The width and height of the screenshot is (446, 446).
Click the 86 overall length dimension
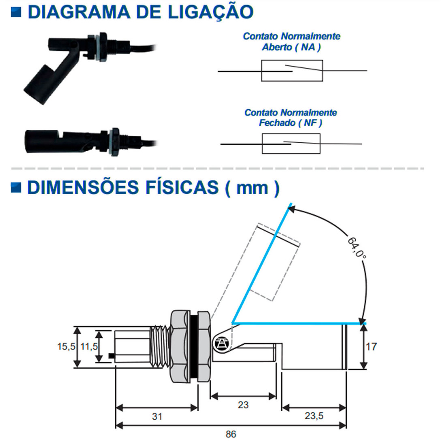(231, 434)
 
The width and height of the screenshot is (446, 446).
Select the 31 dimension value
(157, 416)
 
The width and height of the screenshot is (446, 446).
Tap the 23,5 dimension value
(314, 416)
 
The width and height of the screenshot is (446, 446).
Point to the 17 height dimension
(371, 347)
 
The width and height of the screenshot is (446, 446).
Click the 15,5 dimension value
(66, 347)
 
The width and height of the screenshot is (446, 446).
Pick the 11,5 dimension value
(89, 347)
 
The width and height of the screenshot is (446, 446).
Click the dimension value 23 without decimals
(243, 405)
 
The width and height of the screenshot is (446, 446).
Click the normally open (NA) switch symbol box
(292, 71)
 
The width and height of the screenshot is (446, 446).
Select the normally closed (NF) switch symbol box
(291, 144)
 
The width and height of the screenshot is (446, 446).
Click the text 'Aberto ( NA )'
(291, 47)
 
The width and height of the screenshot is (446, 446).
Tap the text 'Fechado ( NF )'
(290, 122)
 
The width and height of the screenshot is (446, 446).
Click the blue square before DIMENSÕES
(16, 187)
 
